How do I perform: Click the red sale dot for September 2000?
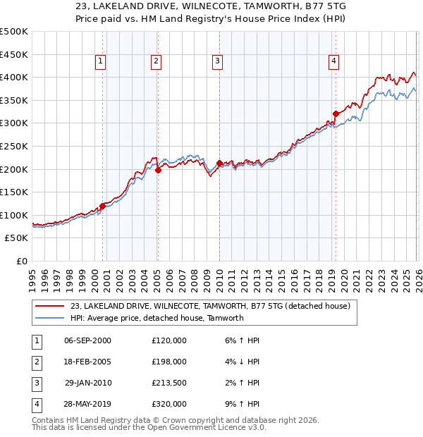click(x=103, y=206)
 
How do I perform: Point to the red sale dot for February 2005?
click(x=158, y=170)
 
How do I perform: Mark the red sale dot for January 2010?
click(x=219, y=163)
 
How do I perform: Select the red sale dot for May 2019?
click(x=336, y=113)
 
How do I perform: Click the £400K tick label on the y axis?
click(x=14, y=77)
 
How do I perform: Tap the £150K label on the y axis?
click(x=14, y=192)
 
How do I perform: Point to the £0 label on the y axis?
click(x=21, y=261)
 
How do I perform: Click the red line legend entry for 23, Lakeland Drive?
click(x=205, y=306)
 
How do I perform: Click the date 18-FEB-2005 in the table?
click(x=87, y=362)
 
